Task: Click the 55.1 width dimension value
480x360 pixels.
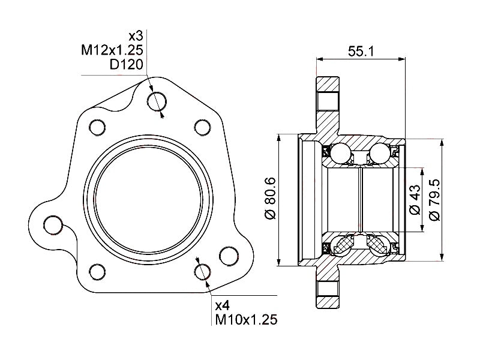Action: point(361,52)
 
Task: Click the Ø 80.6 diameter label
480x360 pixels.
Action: point(269,198)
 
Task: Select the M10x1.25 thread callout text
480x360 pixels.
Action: point(246,320)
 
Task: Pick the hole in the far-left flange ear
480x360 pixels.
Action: point(53,226)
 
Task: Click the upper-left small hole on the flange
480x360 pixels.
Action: point(96,127)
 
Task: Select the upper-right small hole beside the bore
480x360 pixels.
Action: point(202,127)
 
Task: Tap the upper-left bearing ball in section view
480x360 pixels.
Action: point(341,154)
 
